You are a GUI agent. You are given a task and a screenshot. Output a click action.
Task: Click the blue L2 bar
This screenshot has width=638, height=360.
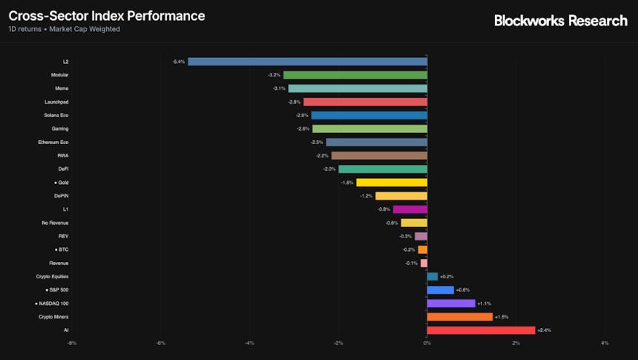click(x=307, y=62)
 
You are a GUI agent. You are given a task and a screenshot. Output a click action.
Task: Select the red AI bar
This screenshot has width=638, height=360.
click(x=481, y=330)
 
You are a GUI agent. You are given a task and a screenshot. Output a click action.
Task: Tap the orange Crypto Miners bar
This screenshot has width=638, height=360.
click(x=459, y=317)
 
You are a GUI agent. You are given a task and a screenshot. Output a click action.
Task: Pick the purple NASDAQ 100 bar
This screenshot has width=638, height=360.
click(x=450, y=304)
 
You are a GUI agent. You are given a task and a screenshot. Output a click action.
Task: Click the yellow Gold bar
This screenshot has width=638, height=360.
click(x=391, y=183)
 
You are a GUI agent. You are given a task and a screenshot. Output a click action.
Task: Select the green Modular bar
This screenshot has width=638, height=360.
click(x=355, y=75)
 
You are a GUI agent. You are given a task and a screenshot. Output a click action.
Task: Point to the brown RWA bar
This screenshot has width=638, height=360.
click(x=378, y=156)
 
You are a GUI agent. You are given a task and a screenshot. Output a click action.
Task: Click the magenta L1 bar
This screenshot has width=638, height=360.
click(x=410, y=209)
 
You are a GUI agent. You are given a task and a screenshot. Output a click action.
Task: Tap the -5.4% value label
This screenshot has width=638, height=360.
click(x=178, y=62)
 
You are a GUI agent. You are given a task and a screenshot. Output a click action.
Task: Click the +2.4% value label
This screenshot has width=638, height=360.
click(x=544, y=330)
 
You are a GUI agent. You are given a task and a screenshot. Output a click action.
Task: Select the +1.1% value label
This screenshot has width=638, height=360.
click(x=484, y=304)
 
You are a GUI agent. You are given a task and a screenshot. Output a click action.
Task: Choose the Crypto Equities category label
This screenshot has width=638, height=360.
click(x=53, y=276)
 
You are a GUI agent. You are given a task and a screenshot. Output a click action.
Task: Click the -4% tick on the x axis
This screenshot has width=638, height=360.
click(x=249, y=343)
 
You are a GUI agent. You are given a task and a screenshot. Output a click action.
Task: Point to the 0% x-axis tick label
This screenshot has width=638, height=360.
click(x=427, y=343)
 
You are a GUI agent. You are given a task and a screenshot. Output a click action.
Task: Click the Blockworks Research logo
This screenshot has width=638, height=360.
click(x=560, y=21)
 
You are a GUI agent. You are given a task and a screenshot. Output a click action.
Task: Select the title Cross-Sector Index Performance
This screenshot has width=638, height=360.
click(x=107, y=16)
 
